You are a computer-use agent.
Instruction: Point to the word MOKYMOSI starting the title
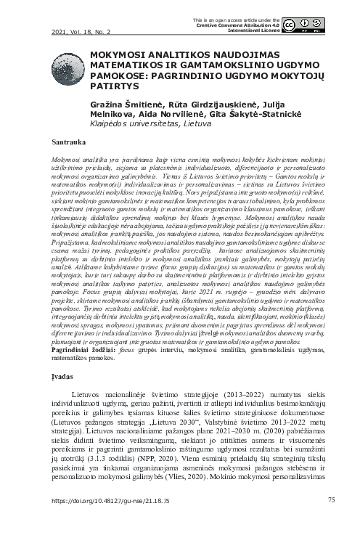[118, 54]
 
